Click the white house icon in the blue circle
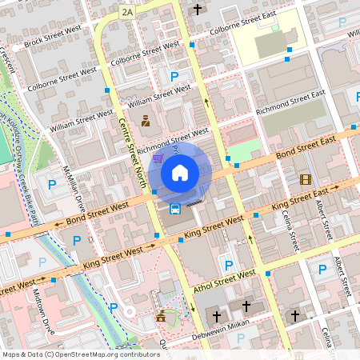180,172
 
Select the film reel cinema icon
305,179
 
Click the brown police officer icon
146,122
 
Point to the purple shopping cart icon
158,158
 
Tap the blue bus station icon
174,209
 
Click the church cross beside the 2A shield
198,10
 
